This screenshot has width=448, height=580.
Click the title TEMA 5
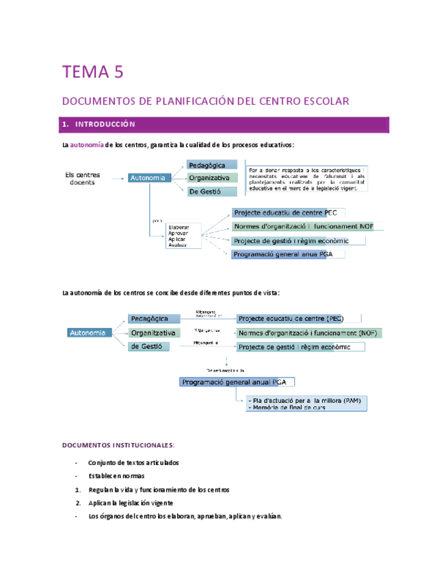pos(96,72)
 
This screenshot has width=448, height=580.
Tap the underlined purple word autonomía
pos(87,145)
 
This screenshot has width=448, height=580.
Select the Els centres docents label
pos(83,179)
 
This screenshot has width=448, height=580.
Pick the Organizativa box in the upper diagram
pos(212,178)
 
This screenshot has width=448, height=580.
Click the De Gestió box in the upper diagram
pos(212,192)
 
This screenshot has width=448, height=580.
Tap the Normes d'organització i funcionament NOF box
pos(304,226)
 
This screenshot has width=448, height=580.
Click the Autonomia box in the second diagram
pos(89,332)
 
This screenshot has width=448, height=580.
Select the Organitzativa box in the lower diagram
pos(153,333)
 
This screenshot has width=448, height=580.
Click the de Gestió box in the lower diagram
pos(153,347)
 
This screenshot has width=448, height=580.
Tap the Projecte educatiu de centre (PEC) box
pos(291,319)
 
